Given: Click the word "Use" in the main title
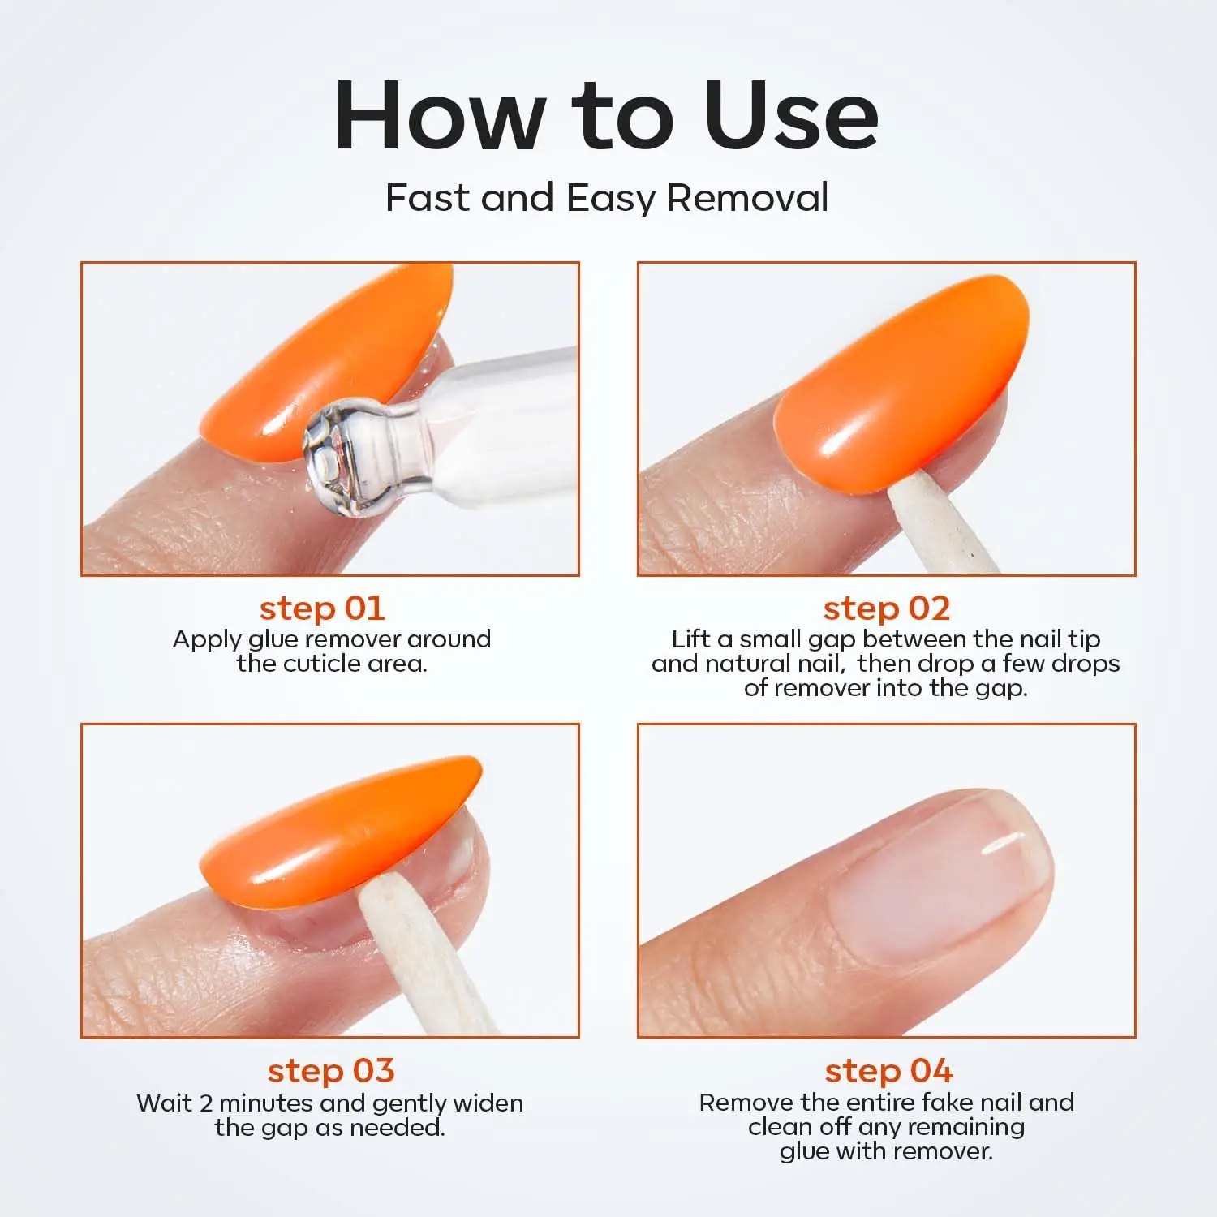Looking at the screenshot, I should tap(791, 115).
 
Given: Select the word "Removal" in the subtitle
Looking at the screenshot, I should tap(747, 198).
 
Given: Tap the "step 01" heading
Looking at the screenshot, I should tap(322, 608).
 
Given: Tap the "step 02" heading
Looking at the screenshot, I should tap(886, 608).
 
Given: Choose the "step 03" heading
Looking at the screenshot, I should tap(330, 1070).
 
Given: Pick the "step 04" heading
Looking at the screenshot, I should tap(888, 1070).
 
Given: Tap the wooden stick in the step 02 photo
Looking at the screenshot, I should tap(941, 527).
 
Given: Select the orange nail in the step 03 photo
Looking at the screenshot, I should tap(341, 836).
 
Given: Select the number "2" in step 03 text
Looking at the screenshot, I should tap(206, 1103).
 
